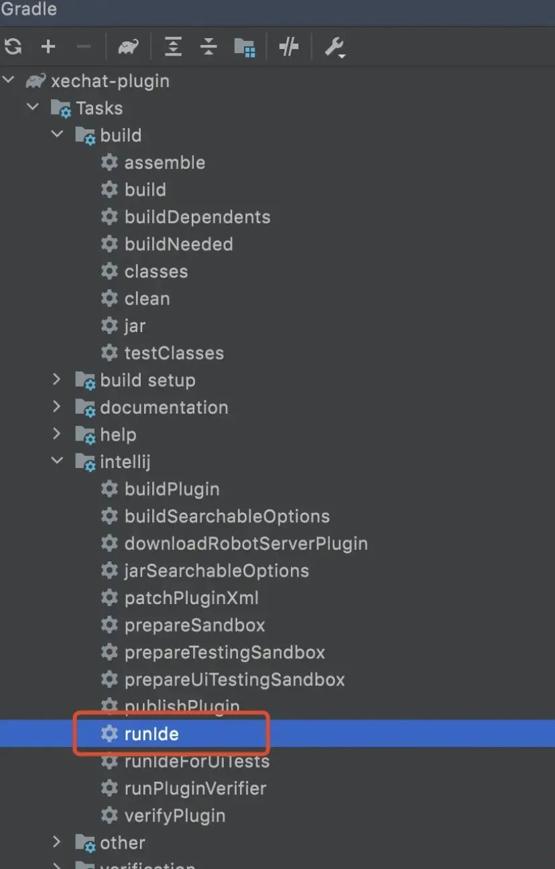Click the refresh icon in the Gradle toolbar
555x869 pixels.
13,46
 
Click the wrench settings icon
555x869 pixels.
334,47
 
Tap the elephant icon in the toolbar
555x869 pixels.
128,47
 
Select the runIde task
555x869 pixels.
151,734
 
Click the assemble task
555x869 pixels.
164,162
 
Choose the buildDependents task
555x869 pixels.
197,217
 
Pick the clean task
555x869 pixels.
147,298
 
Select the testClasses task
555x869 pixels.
174,353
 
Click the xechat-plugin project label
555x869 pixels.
110,81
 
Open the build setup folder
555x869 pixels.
147,380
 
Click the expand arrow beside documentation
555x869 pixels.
57,407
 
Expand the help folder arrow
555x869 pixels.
57,434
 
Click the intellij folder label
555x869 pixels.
125,462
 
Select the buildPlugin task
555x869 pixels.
172,489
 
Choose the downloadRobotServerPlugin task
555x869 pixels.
246,544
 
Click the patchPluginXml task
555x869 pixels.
191,598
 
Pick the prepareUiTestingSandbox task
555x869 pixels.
234,680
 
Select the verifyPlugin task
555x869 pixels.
174,816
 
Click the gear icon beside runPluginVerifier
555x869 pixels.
109,789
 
